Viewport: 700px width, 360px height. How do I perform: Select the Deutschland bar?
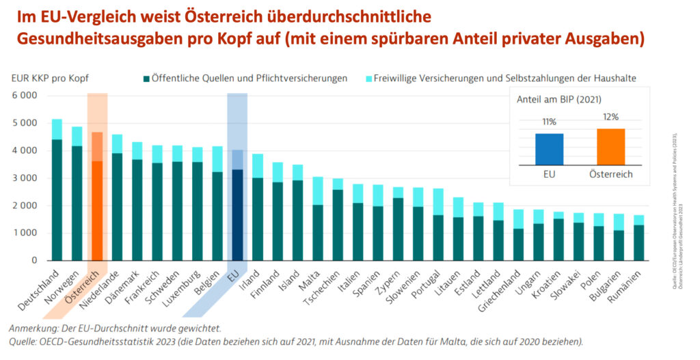57,198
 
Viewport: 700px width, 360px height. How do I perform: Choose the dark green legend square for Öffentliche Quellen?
146,79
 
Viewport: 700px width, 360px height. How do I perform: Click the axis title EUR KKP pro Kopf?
50,79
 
